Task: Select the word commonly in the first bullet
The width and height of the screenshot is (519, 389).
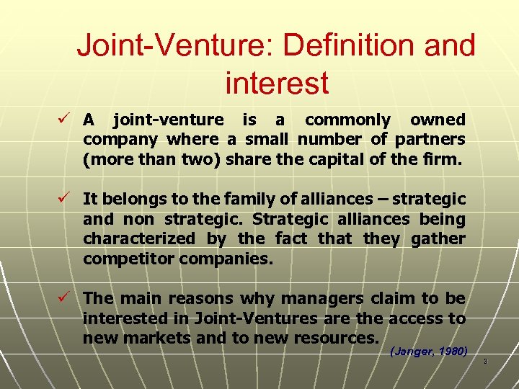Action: (x=347, y=120)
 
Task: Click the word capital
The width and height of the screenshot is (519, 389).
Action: (x=340, y=159)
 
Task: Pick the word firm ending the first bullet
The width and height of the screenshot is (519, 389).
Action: (x=443, y=159)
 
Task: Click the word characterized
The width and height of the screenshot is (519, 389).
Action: (x=138, y=238)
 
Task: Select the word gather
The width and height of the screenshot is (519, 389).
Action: (x=438, y=238)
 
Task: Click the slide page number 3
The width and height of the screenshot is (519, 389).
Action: (x=486, y=360)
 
